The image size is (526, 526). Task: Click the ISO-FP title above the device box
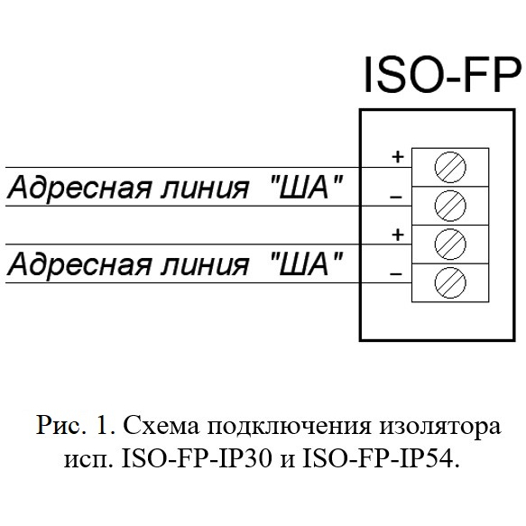442,74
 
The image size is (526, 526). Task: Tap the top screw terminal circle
450,167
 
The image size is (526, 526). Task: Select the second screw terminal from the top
450,206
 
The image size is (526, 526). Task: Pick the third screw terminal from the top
450,245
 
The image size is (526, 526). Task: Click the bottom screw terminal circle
450,282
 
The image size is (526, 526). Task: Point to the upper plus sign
398,157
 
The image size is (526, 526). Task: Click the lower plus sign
398,235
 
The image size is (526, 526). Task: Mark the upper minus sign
396,197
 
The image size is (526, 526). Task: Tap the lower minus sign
396,274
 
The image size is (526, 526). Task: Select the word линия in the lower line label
205,265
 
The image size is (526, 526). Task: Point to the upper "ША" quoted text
307,186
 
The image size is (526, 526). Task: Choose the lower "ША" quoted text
307,263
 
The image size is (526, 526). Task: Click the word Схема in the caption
161,425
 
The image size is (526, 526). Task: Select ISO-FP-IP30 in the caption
197,459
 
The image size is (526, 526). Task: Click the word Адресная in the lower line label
79,265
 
